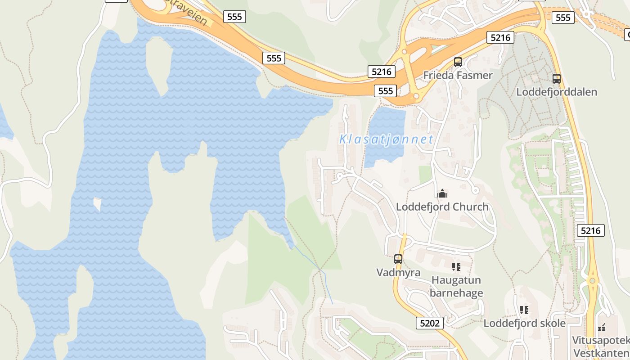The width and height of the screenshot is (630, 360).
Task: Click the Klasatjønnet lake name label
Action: [386, 139]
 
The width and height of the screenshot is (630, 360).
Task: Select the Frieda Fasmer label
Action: [458, 75]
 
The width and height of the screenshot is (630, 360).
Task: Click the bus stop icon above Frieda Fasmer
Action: [458, 62]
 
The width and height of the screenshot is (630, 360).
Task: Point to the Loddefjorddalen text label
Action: [556, 92]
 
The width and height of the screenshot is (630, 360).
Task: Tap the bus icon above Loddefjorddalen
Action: [557, 79]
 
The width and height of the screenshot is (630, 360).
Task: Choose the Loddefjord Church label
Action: [442, 207]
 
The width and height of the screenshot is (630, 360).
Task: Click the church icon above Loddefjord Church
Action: [442, 194]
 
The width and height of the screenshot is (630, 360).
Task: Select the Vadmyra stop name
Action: [398, 272]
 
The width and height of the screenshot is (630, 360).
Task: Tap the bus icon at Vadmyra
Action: [398, 259]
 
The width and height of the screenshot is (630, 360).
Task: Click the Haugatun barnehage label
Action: [456, 287]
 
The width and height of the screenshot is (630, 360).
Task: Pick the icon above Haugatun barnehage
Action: [456, 267]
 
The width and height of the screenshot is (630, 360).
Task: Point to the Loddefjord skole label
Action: [524, 323]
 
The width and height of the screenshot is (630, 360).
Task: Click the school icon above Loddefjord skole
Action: [524, 310]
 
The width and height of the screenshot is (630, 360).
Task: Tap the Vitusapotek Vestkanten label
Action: [601, 346]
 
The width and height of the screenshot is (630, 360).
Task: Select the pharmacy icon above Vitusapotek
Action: [602, 328]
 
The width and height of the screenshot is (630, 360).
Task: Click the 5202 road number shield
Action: [430, 323]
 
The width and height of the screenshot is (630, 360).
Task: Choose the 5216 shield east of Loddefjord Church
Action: [590, 231]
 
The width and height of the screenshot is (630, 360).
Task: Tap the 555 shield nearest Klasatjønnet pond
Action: [386, 91]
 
